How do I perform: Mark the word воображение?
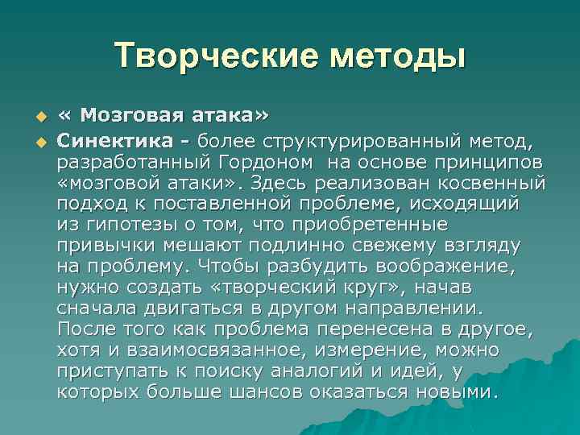coord(455,267)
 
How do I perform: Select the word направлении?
coord(414,309)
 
